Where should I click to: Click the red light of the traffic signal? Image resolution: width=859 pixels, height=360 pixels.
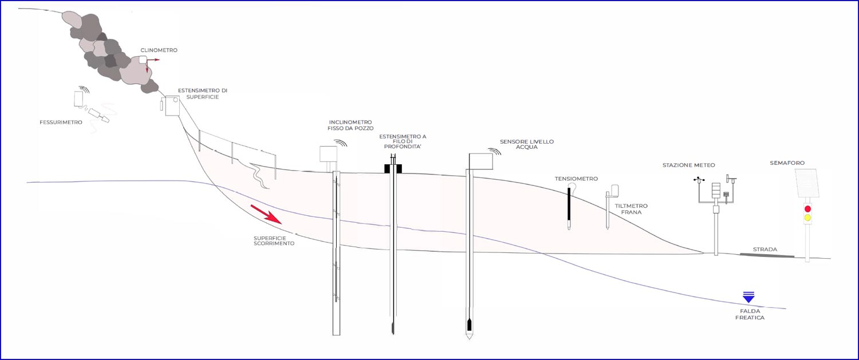(x=807, y=209)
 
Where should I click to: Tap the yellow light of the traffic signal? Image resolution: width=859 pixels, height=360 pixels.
(x=807, y=217)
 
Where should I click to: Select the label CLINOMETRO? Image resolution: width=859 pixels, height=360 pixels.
(x=159, y=50)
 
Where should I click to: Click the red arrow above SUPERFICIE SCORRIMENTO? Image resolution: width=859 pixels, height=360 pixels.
(x=266, y=214)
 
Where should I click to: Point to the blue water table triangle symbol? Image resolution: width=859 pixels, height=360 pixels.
(x=748, y=297)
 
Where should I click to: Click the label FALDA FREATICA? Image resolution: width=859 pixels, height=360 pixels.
(x=750, y=314)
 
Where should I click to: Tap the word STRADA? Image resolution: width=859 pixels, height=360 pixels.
(x=765, y=249)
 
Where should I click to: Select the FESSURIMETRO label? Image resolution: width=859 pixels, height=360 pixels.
(x=61, y=122)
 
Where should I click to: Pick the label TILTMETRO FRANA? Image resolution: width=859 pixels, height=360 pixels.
(x=631, y=209)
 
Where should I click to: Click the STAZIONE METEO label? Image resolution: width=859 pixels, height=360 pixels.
(x=689, y=165)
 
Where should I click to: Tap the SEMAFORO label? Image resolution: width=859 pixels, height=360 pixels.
(x=787, y=163)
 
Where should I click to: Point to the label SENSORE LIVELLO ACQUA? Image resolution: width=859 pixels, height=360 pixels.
(x=527, y=144)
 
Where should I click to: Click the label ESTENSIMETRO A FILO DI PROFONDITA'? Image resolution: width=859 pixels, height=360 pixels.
(x=403, y=141)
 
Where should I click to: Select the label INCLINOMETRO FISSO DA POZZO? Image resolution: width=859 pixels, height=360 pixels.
(x=350, y=125)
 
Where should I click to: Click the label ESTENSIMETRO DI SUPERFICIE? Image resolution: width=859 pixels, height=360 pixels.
(x=203, y=94)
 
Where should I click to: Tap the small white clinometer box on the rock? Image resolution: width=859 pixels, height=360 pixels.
(x=143, y=60)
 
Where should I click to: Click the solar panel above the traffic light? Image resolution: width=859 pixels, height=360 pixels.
(x=807, y=183)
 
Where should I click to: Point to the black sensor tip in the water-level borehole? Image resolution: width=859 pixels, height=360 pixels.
(x=469, y=325)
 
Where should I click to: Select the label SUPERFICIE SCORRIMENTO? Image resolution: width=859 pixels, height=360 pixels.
(x=274, y=241)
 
